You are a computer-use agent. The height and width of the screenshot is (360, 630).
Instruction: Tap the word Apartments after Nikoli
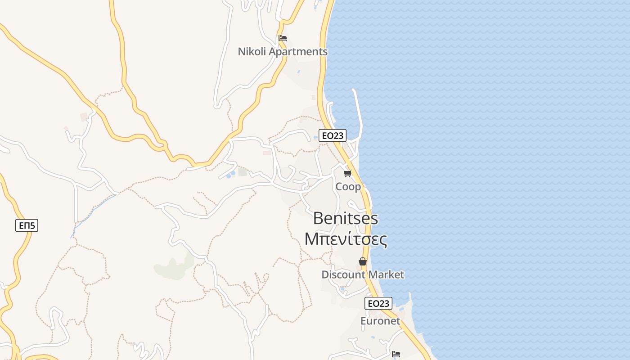298,52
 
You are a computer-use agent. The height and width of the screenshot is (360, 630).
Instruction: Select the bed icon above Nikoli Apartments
283,38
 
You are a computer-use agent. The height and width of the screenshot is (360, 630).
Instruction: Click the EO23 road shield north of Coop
333,135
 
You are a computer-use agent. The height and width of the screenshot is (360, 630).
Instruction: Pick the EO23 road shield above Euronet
378,303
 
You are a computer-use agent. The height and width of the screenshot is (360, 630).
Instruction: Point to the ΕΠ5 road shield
27,225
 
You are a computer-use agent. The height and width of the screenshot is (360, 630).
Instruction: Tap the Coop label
348,186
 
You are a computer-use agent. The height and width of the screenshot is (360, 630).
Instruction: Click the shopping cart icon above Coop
347,173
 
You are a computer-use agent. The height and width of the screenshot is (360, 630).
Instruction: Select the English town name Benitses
346,219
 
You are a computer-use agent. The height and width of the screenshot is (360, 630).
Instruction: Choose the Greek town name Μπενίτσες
346,239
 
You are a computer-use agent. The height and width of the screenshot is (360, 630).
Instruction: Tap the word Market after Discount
386,274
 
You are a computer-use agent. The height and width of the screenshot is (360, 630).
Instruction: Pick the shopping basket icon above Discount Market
363,261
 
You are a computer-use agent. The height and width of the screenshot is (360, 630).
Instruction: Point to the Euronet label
380,321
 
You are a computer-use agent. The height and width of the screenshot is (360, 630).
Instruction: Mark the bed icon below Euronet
396,354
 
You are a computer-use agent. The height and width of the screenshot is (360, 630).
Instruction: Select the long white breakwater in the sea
359,112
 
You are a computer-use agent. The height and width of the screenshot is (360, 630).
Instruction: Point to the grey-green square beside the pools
243,172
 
